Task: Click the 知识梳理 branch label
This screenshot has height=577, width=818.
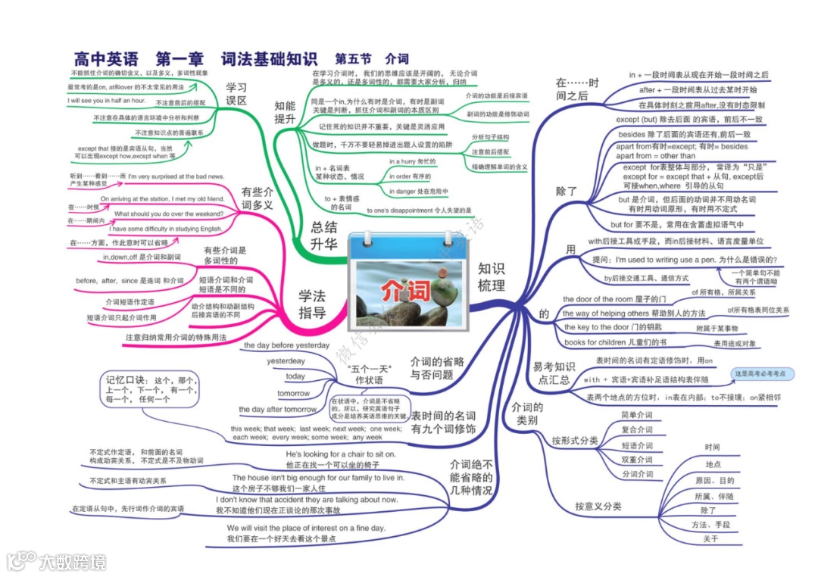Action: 491,276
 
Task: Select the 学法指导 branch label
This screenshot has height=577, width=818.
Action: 311,304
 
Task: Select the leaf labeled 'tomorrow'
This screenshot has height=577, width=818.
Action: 293,394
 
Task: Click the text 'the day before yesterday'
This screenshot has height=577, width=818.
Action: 287,345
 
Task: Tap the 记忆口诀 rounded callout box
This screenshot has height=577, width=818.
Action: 151,388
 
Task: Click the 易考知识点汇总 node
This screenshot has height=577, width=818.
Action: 554,373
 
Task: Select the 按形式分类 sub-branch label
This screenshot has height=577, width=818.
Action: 575,441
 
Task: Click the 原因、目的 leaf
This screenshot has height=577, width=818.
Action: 714,481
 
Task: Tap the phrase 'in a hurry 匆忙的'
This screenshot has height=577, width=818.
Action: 414,161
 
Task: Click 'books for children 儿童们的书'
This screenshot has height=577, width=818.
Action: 603,342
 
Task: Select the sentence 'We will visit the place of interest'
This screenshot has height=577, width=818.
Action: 306,528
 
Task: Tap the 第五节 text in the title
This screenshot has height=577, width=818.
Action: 353,58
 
